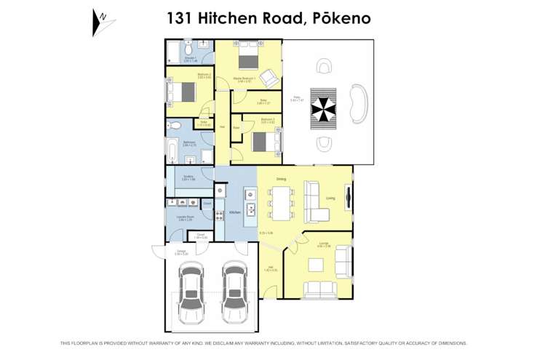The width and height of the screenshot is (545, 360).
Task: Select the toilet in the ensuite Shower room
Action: pyautogui.click(x=188, y=45)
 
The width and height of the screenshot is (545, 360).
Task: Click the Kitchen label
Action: pyautogui.click(x=235, y=212)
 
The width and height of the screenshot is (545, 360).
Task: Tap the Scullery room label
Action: pyautogui.click(x=188, y=177)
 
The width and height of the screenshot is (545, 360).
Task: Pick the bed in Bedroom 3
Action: pyautogui.click(x=263, y=140)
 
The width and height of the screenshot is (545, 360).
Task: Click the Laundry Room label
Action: pyautogui.click(x=184, y=217)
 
